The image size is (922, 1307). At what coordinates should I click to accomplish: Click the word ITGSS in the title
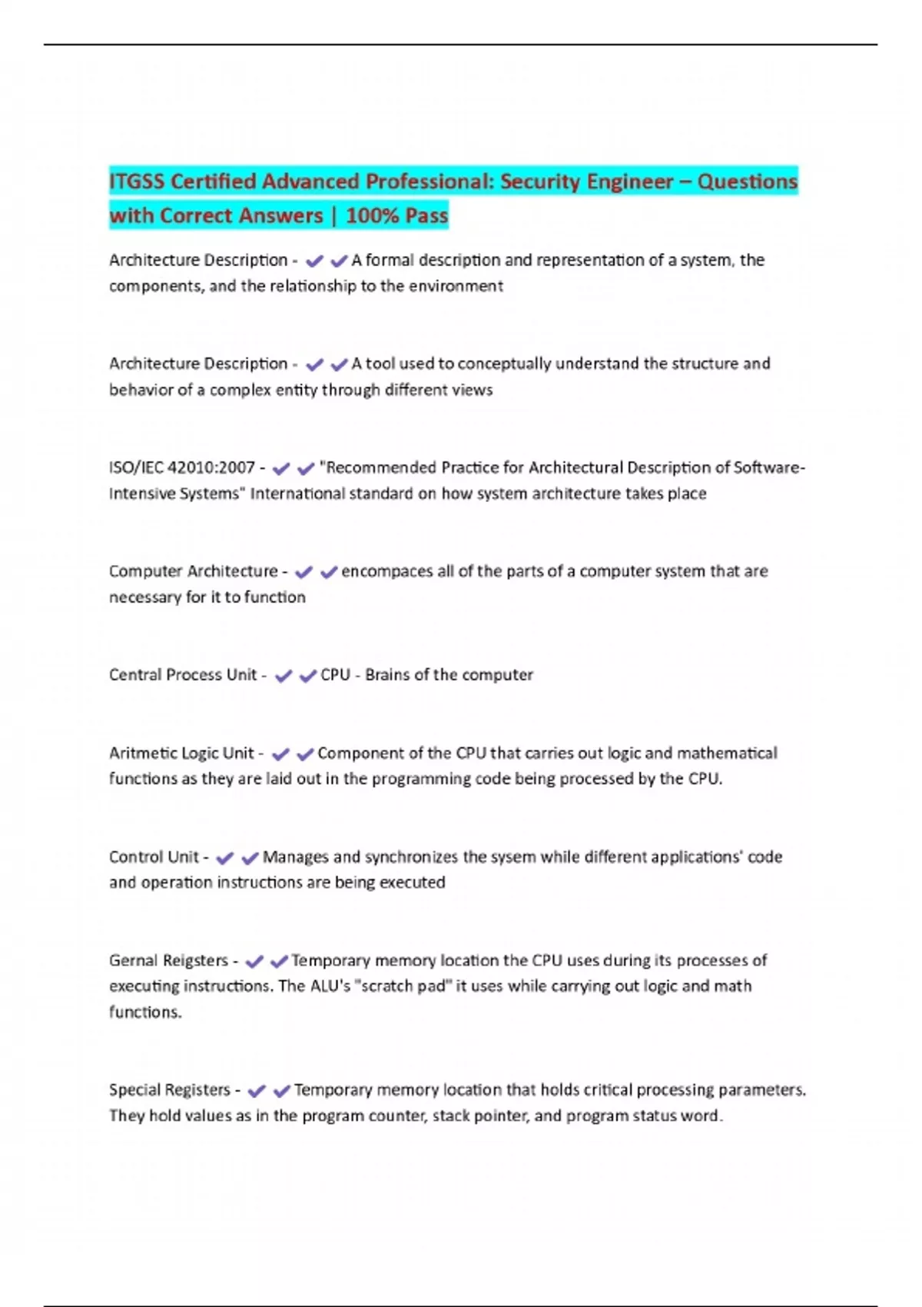pos(137,181)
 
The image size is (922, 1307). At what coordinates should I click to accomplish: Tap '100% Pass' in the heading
pos(396,215)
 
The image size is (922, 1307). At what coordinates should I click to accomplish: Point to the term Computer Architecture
pos(193,571)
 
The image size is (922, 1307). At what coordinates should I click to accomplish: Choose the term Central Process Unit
pos(182,675)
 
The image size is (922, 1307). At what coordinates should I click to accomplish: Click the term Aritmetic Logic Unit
pos(181,753)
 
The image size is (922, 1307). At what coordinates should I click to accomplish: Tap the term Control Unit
pos(154,857)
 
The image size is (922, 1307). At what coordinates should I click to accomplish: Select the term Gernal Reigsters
pos(168,961)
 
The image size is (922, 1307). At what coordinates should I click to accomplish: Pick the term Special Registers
pos(169,1090)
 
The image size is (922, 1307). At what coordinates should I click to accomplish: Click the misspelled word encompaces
pos(387,571)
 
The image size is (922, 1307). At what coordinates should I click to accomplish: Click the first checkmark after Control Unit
pos(224,858)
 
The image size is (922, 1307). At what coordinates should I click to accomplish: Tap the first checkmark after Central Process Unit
pos(284,676)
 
